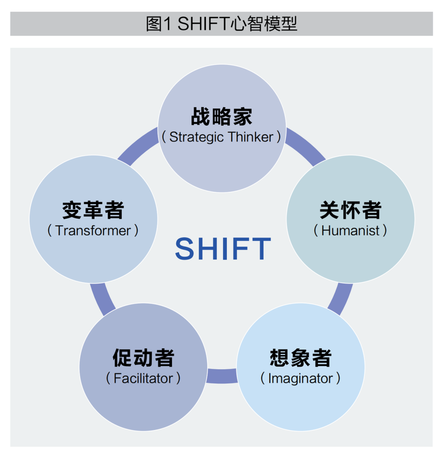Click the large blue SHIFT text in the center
pyautogui.click(x=223, y=248)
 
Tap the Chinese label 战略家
pyautogui.click(x=222, y=116)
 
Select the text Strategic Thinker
pyautogui.click(x=221, y=137)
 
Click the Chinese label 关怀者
pyautogui.click(x=350, y=210)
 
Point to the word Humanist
pyautogui.click(x=350, y=231)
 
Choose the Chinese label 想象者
pyautogui.click(x=301, y=358)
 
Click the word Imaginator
pyautogui.click(x=301, y=379)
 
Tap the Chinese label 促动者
pyautogui.click(x=143, y=358)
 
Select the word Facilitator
pyautogui.click(x=143, y=379)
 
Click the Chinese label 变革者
pyautogui.click(x=93, y=210)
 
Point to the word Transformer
pyautogui.click(x=93, y=231)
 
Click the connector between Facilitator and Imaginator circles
pyautogui.click(x=222, y=376)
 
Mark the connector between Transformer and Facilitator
pyautogui.click(x=102, y=299)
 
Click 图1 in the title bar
pyautogui.click(x=158, y=24)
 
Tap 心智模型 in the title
pyautogui.click(x=264, y=24)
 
